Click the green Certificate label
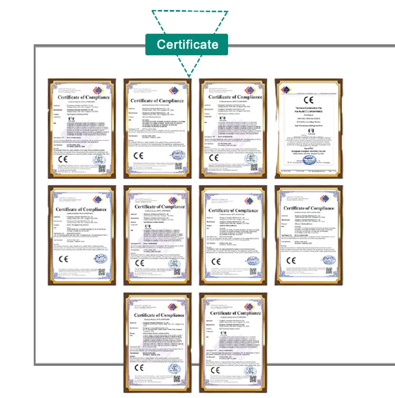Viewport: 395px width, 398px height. click(x=187, y=44)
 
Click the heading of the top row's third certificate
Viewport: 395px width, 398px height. click(x=234, y=97)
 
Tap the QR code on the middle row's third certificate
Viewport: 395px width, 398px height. click(x=252, y=272)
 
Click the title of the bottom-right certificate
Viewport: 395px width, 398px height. click(x=233, y=313)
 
